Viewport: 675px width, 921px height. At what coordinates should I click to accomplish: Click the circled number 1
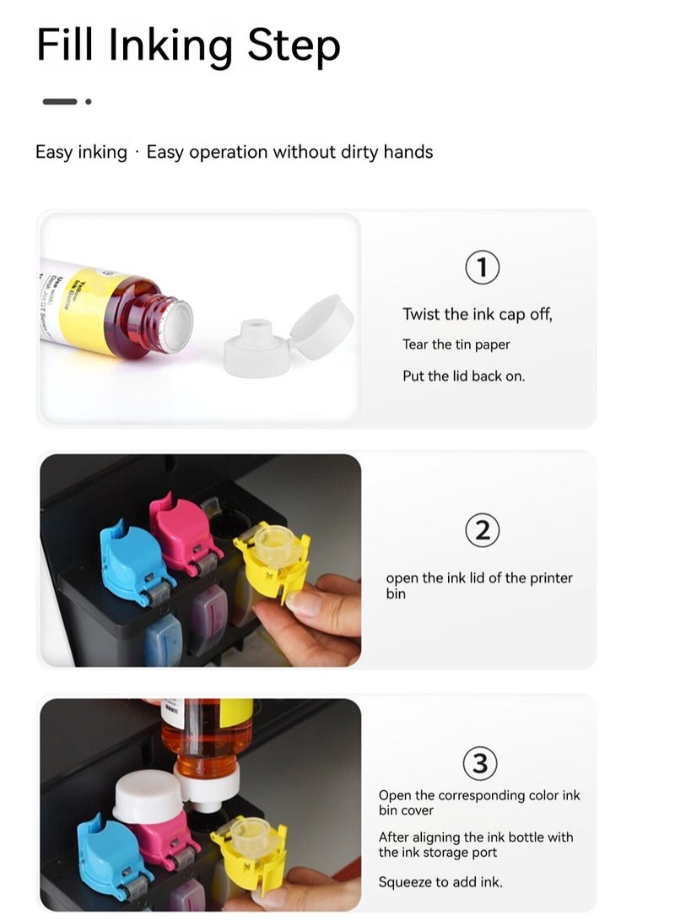(482, 268)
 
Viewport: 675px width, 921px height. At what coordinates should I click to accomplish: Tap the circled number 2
(482, 531)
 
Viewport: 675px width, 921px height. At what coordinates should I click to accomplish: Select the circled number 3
(480, 764)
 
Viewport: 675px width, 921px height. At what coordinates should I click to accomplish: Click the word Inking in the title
(170, 45)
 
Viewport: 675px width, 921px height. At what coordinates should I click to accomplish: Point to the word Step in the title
(294, 46)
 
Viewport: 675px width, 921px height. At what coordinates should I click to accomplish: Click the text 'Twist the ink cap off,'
(477, 314)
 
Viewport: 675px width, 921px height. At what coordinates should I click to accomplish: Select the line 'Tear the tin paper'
(456, 344)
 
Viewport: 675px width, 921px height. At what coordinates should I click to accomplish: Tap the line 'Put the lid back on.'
(463, 376)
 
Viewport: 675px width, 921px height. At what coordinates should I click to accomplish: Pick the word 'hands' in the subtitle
(408, 152)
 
